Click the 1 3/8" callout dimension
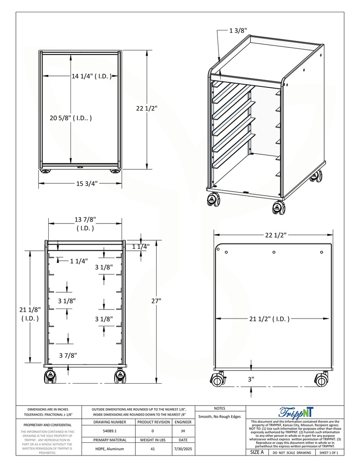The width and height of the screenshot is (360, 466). (238, 31)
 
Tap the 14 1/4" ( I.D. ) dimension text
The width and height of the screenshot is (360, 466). (91, 76)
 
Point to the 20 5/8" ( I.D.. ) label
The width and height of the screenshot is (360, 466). (71, 118)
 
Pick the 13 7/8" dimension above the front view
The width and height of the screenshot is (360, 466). (85, 223)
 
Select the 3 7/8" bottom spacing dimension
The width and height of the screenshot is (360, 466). (68, 355)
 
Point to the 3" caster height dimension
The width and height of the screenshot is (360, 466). (251, 379)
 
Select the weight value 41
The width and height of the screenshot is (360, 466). (153, 449)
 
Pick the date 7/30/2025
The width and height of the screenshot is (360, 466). (183, 449)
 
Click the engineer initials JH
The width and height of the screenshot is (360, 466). (183, 431)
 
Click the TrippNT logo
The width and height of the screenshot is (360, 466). (295, 412)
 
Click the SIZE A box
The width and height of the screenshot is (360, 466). (257, 453)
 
